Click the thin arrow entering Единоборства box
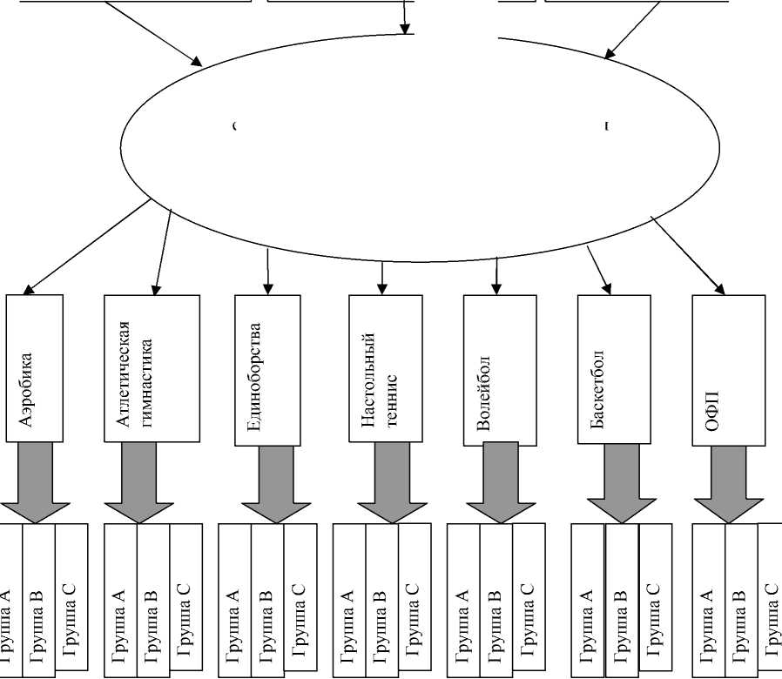point(267,270)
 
